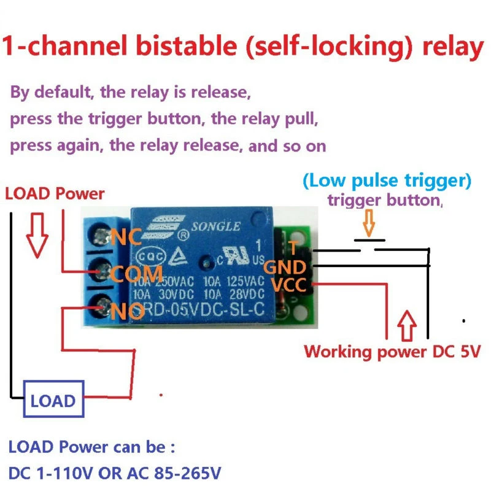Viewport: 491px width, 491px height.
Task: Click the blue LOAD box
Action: coord(53,401)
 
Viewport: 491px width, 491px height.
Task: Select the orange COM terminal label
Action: coord(137,274)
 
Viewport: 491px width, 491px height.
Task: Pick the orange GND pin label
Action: coord(284,268)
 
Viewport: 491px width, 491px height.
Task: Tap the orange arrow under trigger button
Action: coord(368,223)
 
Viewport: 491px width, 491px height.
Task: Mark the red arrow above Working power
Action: coord(408,327)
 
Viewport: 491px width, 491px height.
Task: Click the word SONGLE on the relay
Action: coord(215,226)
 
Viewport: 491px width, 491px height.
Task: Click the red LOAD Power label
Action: coord(55,194)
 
